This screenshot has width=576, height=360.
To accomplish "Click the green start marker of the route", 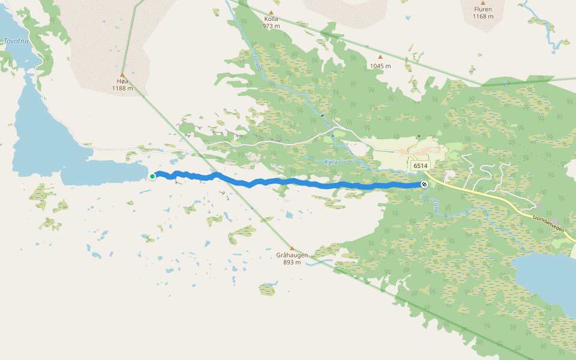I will point(152,176).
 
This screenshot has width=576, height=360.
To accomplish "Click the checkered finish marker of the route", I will point(424,184).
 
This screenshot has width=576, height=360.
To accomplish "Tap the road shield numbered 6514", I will point(421,166).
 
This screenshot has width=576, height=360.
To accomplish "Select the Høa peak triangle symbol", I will point(122,75).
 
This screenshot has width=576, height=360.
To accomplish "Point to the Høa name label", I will point(122,82).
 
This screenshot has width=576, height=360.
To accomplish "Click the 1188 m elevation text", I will point(122,89).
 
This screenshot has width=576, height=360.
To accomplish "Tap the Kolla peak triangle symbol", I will point(271,12).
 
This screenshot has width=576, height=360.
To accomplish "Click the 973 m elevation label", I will point(271,26).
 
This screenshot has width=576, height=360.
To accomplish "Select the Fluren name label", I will point(483,9).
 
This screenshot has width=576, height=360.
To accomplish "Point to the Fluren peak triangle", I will point(483,2).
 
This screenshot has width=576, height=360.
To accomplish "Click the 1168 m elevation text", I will point(483,16).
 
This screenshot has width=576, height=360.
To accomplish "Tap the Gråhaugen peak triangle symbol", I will point(292,248).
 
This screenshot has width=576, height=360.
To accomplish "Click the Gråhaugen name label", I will point(292,255).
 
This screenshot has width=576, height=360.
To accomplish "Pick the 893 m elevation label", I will point(292,262).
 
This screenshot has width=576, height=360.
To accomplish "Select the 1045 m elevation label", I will point(380,66).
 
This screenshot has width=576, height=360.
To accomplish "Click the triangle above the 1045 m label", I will point(380,58).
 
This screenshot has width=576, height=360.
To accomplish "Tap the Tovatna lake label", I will point(16,41).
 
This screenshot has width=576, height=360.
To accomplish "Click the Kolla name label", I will point(271,19).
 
